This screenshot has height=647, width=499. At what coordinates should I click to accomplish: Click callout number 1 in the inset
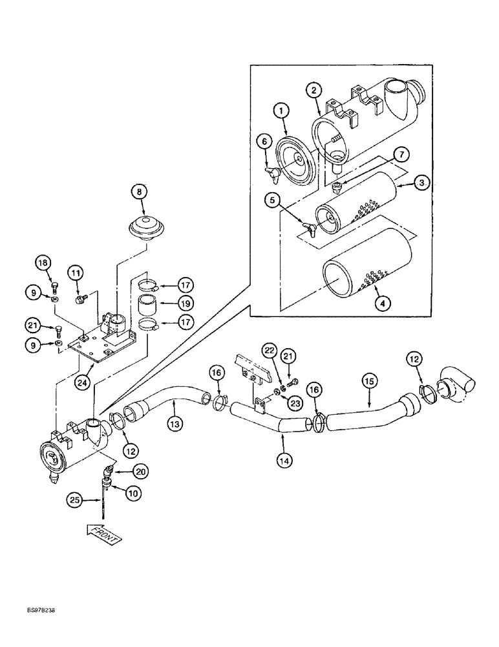[x=282, y=112]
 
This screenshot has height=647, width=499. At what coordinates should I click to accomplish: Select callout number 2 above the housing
[x=313, y=91]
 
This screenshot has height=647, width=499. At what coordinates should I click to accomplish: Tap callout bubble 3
[x=421, y=184]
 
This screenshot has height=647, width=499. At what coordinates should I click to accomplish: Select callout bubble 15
[x=369, y=383]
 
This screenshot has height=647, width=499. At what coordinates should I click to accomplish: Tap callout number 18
[x=43, y=263]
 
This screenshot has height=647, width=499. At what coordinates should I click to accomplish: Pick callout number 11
[x=77, y=274]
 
